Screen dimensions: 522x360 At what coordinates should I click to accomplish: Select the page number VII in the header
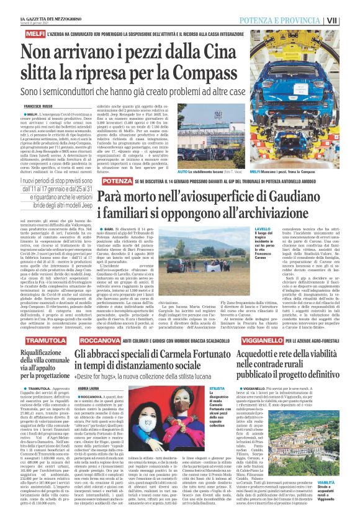(x=350, y=20)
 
